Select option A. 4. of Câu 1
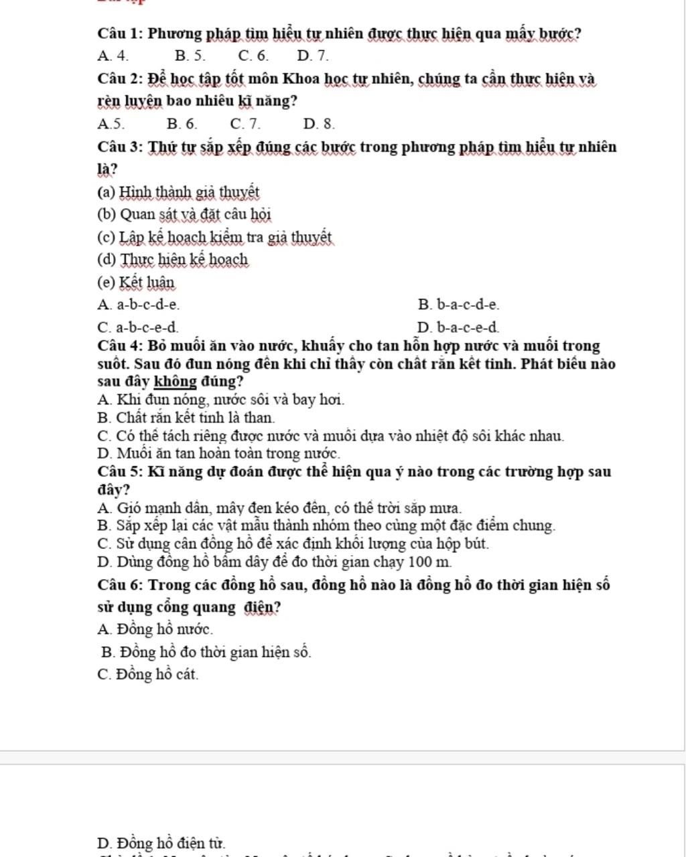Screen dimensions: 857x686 pos(113,56)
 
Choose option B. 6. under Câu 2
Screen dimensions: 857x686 pos(182,124)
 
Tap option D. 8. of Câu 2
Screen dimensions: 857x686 pos(319,124)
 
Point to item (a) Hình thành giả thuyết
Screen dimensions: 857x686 pos(178,193)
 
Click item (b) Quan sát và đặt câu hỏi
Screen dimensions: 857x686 pos(184,215)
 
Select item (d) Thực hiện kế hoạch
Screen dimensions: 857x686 pos(173,260)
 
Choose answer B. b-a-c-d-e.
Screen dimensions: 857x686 pos(459,305)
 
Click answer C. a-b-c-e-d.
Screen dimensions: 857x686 pos(138,328)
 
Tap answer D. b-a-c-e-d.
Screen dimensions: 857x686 pos(458,328)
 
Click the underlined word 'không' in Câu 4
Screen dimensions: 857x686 pos(176,382)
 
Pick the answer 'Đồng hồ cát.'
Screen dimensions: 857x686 pos(148,675)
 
